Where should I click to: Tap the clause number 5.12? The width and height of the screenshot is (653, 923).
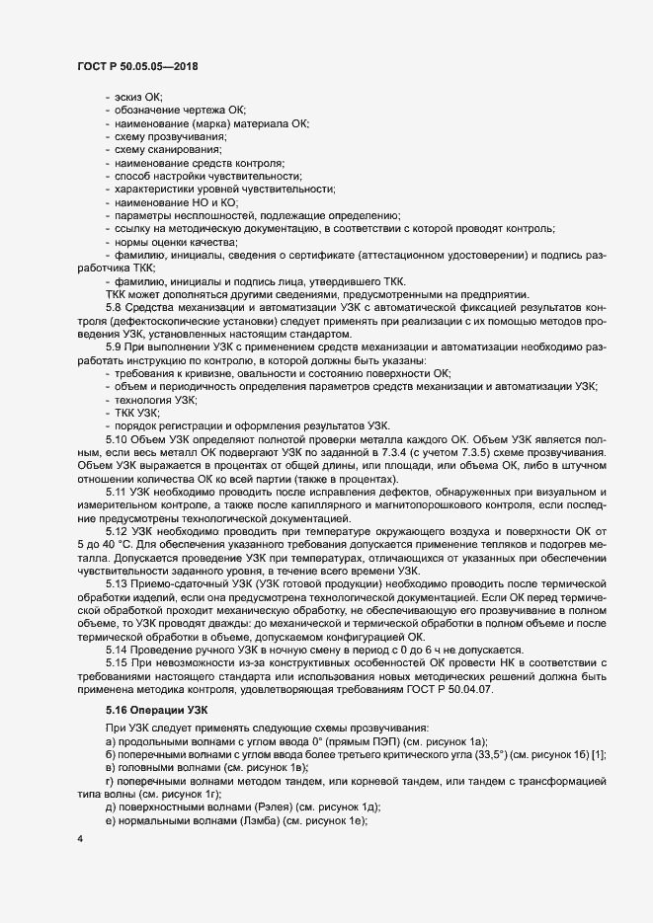click(x=116, y=532)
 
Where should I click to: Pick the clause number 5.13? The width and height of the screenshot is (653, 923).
click(x=116, y=585)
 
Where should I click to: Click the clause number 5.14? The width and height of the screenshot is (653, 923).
click(x=116, y=651)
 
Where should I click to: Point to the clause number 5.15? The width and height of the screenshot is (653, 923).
click(x=116, y=663)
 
